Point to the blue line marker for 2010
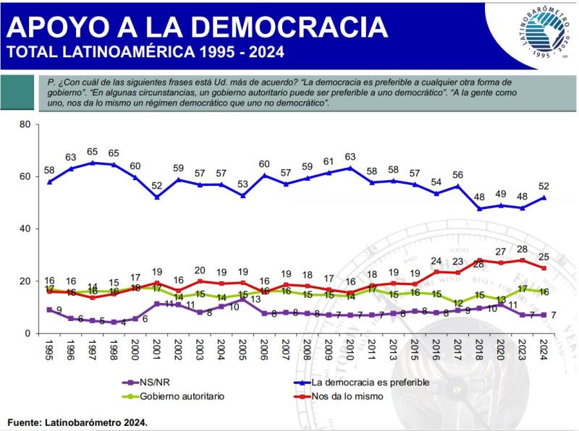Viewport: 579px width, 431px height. (350, 168)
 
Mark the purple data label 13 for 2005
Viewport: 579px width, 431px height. (255, 299)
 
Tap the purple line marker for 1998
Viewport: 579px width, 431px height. (114, 323)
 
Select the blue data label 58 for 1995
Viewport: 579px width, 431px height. (49, 169)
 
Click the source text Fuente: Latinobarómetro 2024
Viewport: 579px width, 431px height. (77, 420)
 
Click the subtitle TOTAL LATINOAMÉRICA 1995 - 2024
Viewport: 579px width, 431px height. (145, 52)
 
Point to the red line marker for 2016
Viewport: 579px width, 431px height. (436, 272)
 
